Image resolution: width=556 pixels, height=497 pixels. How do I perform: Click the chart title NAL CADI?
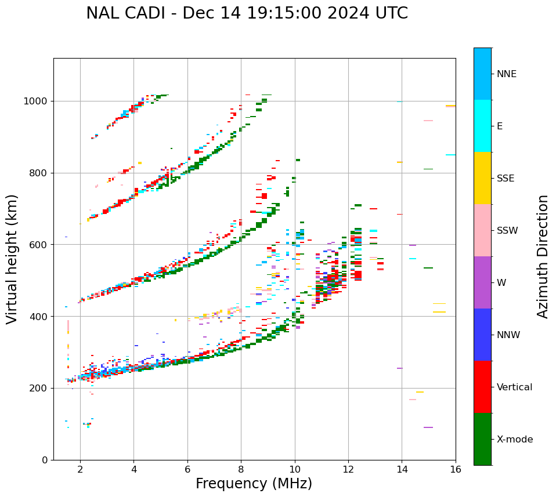click(125, 13)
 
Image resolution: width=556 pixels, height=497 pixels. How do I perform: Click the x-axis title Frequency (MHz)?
click(254, 484)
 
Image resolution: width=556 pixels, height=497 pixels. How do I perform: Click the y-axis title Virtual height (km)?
click(12, 259)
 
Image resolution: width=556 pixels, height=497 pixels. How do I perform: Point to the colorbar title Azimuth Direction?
click(543, 256)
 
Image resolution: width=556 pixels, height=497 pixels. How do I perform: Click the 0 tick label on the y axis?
click(44, 460)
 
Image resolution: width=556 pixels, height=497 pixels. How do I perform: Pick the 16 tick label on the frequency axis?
click(456, 469)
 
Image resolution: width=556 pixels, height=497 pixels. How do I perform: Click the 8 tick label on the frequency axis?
click(241, 469)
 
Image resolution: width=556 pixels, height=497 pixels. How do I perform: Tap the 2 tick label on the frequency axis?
click(80, 469)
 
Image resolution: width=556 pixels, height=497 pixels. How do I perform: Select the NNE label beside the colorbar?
click(507, 74)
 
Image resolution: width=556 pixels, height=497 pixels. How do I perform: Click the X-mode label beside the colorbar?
click(515, 440)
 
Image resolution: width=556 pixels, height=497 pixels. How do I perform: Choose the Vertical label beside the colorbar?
click(514, 387)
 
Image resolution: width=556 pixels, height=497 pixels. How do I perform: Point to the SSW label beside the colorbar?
click(507, 231)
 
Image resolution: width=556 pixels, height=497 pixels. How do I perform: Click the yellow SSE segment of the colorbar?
click(482, 178)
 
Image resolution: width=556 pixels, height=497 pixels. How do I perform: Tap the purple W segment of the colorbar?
click(482, 282)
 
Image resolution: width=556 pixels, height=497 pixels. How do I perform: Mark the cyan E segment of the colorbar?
click(482, 126)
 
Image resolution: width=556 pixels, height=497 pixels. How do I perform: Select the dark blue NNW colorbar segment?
click(482, 335)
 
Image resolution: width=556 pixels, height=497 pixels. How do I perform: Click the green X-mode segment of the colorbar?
click(482, 439)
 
